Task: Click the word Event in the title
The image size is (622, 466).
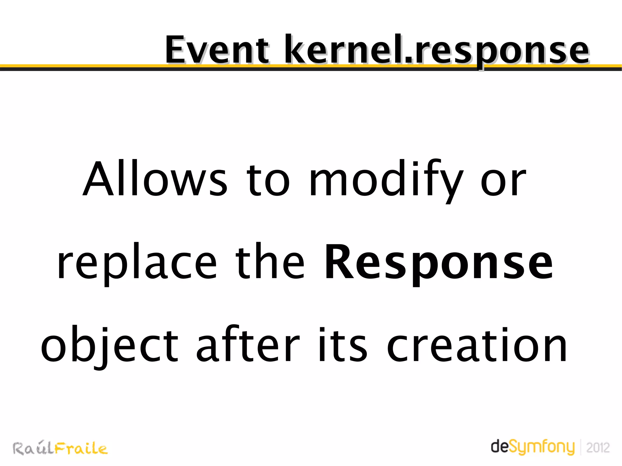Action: (x=217, y=50)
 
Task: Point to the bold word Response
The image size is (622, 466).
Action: (x=438, y=263)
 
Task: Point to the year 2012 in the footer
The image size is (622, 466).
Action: (x=598, y=448)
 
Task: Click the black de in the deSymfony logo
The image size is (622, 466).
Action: (x=499, y=446)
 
